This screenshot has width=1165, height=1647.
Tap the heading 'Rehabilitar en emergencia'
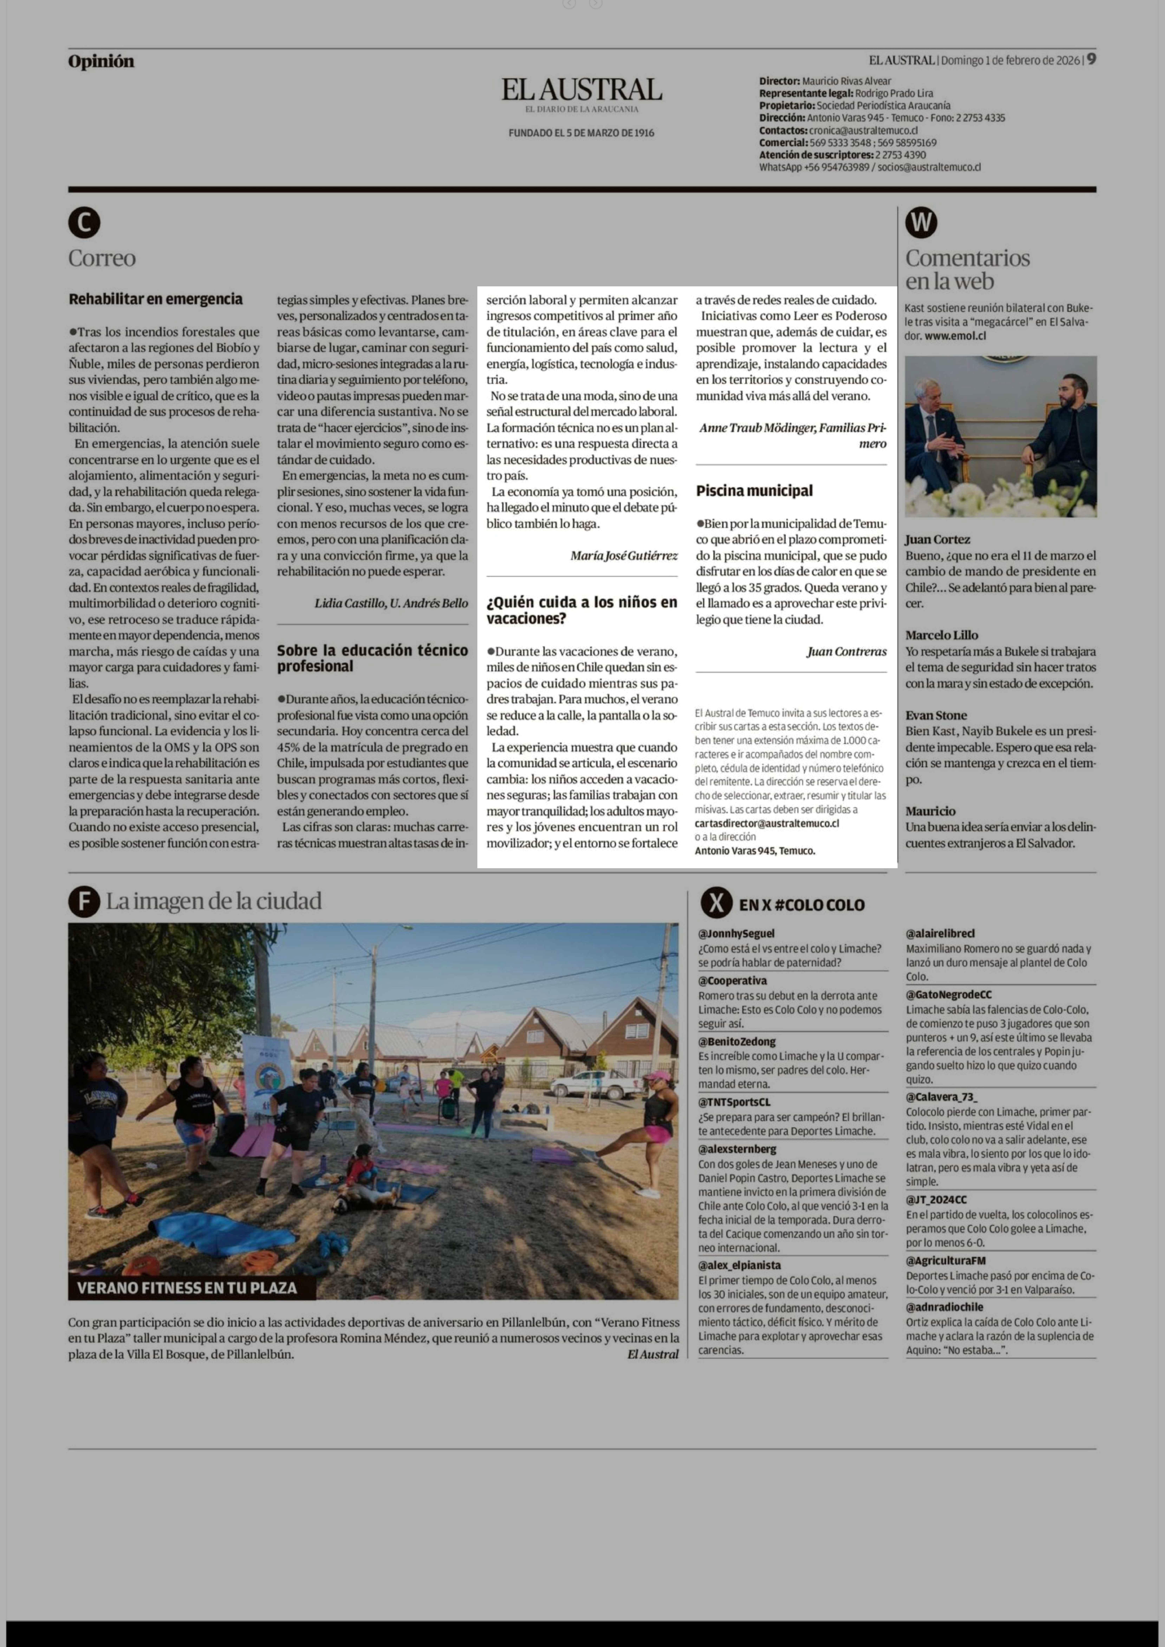[x=156, y=299]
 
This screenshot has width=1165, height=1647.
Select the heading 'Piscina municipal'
[x=754, y=491]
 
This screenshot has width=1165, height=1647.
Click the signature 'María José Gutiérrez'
[x=623, y=555]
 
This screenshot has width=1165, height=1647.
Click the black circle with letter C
[x=84, y=223]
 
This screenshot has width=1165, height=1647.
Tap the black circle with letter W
[x=921, y=223]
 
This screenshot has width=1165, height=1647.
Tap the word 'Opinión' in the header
[x=101, y=62]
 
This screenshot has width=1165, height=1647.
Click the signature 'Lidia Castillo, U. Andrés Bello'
[x=391, y=603]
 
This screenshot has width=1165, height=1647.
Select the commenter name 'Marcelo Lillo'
[x=941, y=635]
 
